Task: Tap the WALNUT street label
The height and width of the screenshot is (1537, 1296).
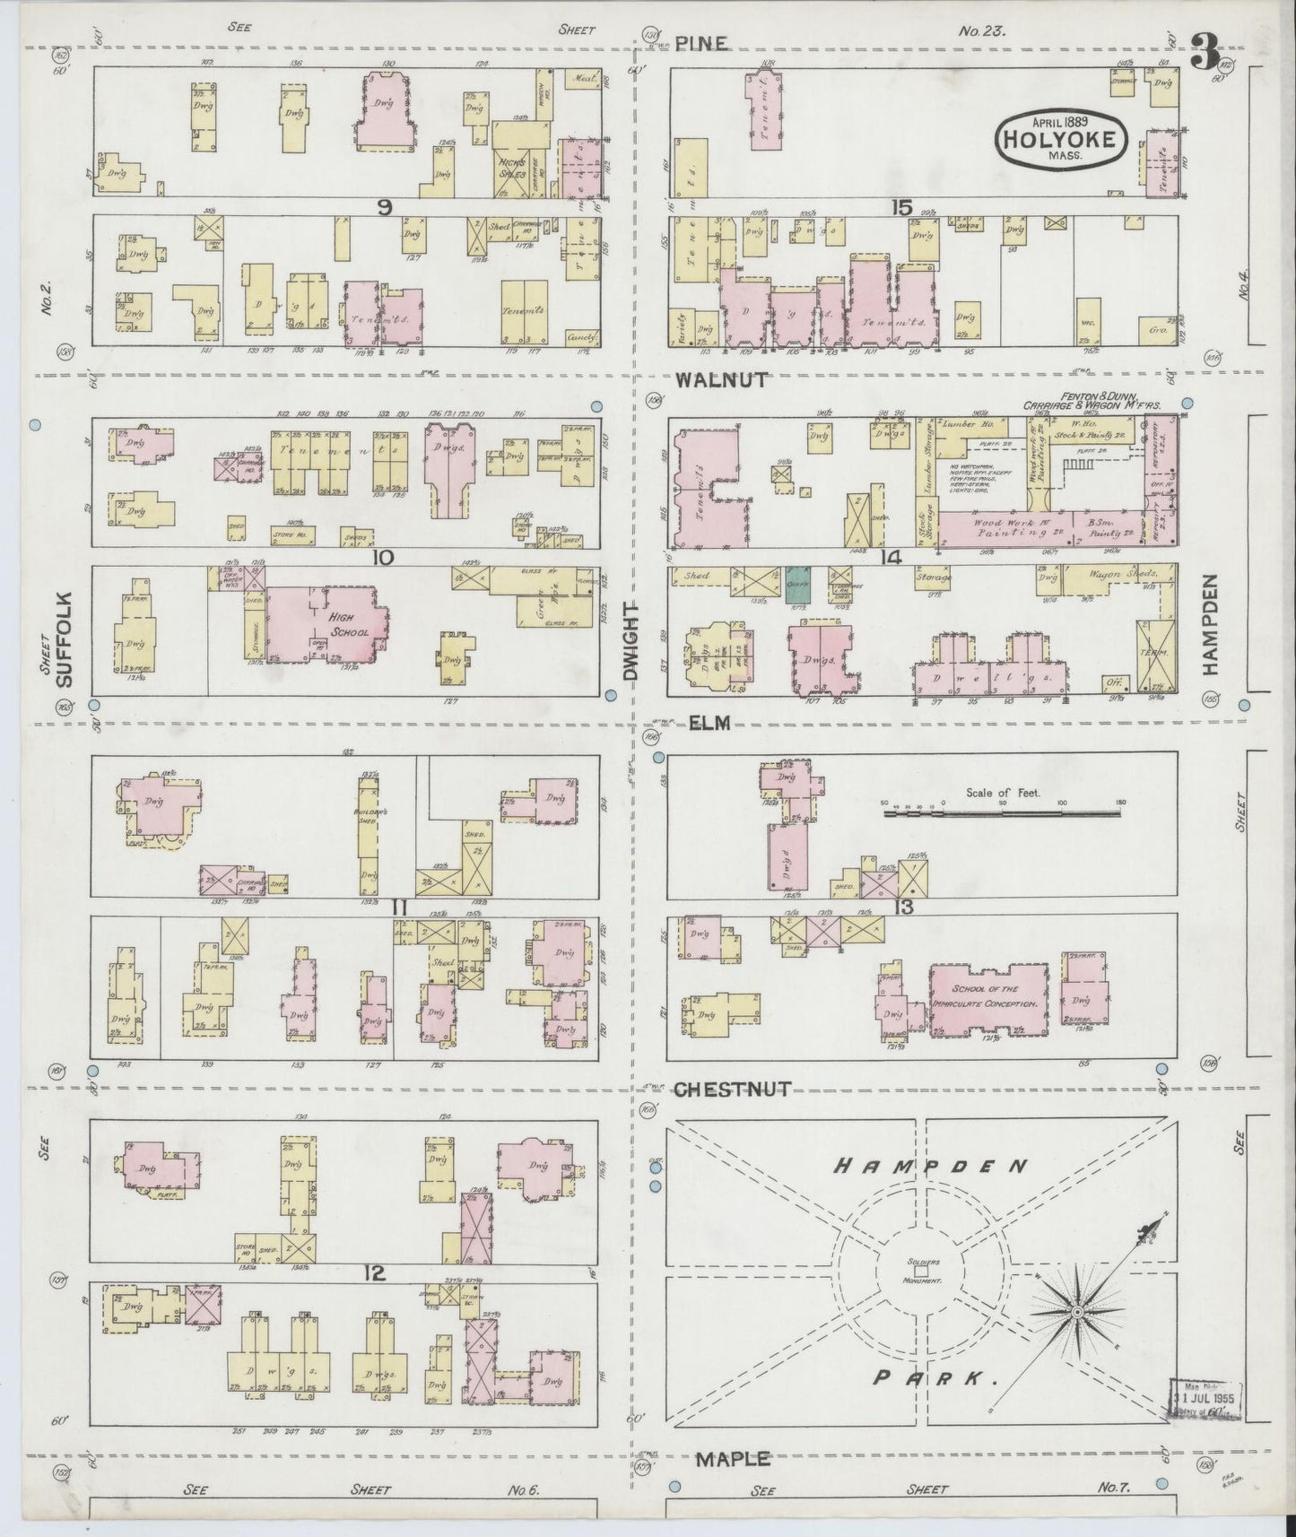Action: [721, 379]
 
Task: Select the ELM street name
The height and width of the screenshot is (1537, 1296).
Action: [708, 722]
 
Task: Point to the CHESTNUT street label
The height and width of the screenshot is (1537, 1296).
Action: [732, 1089]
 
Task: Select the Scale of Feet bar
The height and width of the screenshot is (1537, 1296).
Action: [1001, 812]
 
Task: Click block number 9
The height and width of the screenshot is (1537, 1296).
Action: [386, 208]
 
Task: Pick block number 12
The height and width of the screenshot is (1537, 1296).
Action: [376, 1272]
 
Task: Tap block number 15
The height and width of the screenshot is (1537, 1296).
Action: [902, 208]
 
